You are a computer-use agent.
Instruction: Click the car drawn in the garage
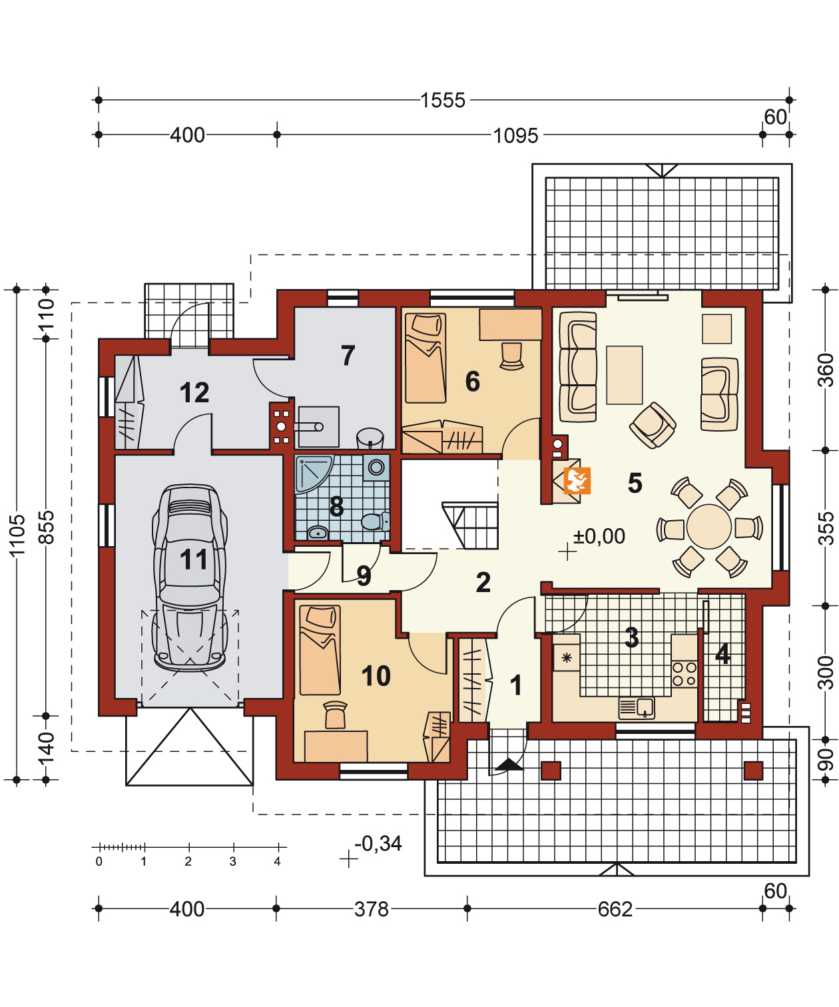click(x=190, y=577)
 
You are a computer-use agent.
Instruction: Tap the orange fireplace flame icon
click(x=577, y=481)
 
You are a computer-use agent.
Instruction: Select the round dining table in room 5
click(x=708, y=527)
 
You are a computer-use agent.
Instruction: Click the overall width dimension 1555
click(x=443, y=101)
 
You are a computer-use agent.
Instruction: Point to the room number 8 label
click(x=336, y=506)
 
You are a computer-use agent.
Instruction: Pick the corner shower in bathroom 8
click(x=312, y=474)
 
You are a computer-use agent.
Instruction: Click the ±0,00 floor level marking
click(x=599, y=536)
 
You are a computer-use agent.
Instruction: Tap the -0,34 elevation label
click(x=378, y=844)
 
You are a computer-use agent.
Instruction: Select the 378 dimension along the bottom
click(x=372, y=909)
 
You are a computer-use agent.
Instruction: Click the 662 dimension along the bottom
click(x=615, y=909)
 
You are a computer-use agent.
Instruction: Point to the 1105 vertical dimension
click(x=17, y=535)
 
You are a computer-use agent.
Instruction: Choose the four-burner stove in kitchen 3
click(x=685, y=674)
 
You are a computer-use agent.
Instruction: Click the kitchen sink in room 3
click(x=637, y=708)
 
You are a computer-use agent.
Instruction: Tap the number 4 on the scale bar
click(x=277, y=861)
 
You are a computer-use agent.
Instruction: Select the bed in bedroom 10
click(x=320, y=650)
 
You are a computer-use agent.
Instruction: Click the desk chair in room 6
click(x=511, y=356)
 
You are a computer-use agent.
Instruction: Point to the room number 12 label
click(x=194, y=392)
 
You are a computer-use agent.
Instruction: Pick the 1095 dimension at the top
click(x=515, y=135)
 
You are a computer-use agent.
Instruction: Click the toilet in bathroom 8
click(x=375, y=521)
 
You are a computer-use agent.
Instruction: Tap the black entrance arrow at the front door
click(x=509, y=765)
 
